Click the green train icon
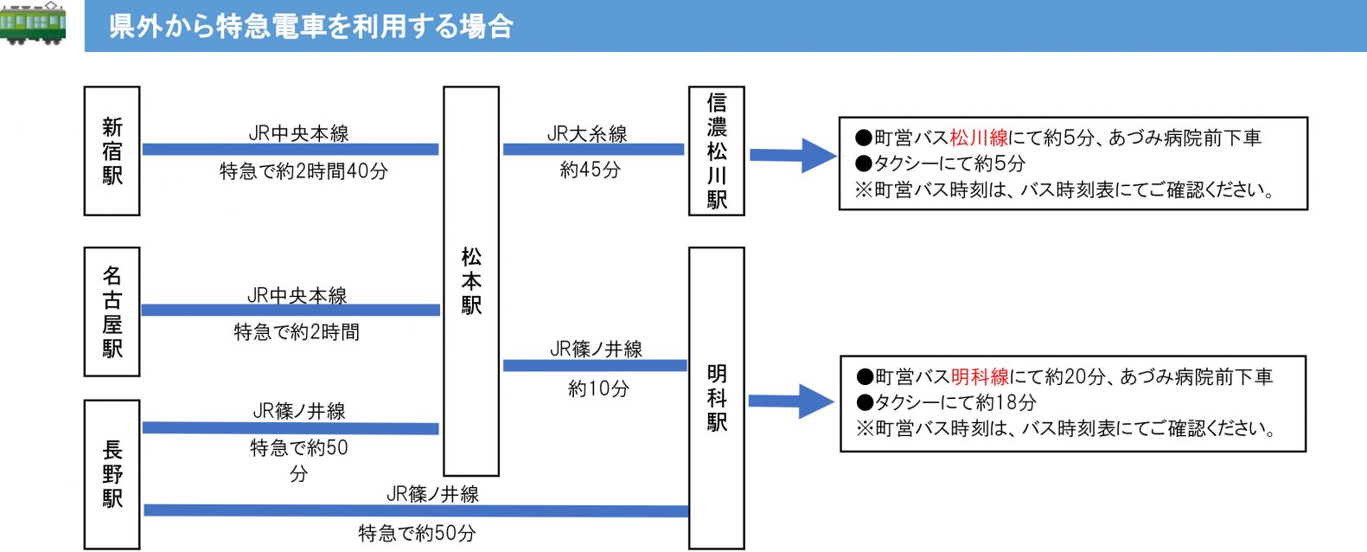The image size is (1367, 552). [x=33, y=23]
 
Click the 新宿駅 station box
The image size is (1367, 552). [x=112, y=151]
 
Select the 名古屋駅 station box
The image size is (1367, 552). [x=112, y=311]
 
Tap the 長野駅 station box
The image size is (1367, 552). [x=112, y=474]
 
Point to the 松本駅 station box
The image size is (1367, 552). [x=471, y=281]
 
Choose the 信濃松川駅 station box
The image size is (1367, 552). [x=717, y=151]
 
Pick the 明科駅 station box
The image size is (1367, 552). [x=717, y=398]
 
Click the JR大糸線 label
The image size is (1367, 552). [x=587, y=134]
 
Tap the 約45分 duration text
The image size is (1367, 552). [x=591, y=169]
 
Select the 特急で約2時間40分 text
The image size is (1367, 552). [x=303, y=171]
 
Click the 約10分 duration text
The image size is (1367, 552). [x=598, y=388]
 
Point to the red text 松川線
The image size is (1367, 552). [x=979, y=138]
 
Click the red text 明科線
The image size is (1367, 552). [x=981, y=376]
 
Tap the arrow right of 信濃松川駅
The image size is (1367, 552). [x=793, y=155]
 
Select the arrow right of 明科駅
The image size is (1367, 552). [x=791, y=401]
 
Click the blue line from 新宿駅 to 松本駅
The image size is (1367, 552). [x=291, y=149]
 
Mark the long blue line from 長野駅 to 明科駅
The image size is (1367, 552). [x=416, y=510]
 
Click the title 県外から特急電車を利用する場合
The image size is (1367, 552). [x=310, y=26]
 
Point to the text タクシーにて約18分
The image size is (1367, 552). [x=947, y=402]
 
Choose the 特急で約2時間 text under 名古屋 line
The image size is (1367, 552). [x=297, y=332]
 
